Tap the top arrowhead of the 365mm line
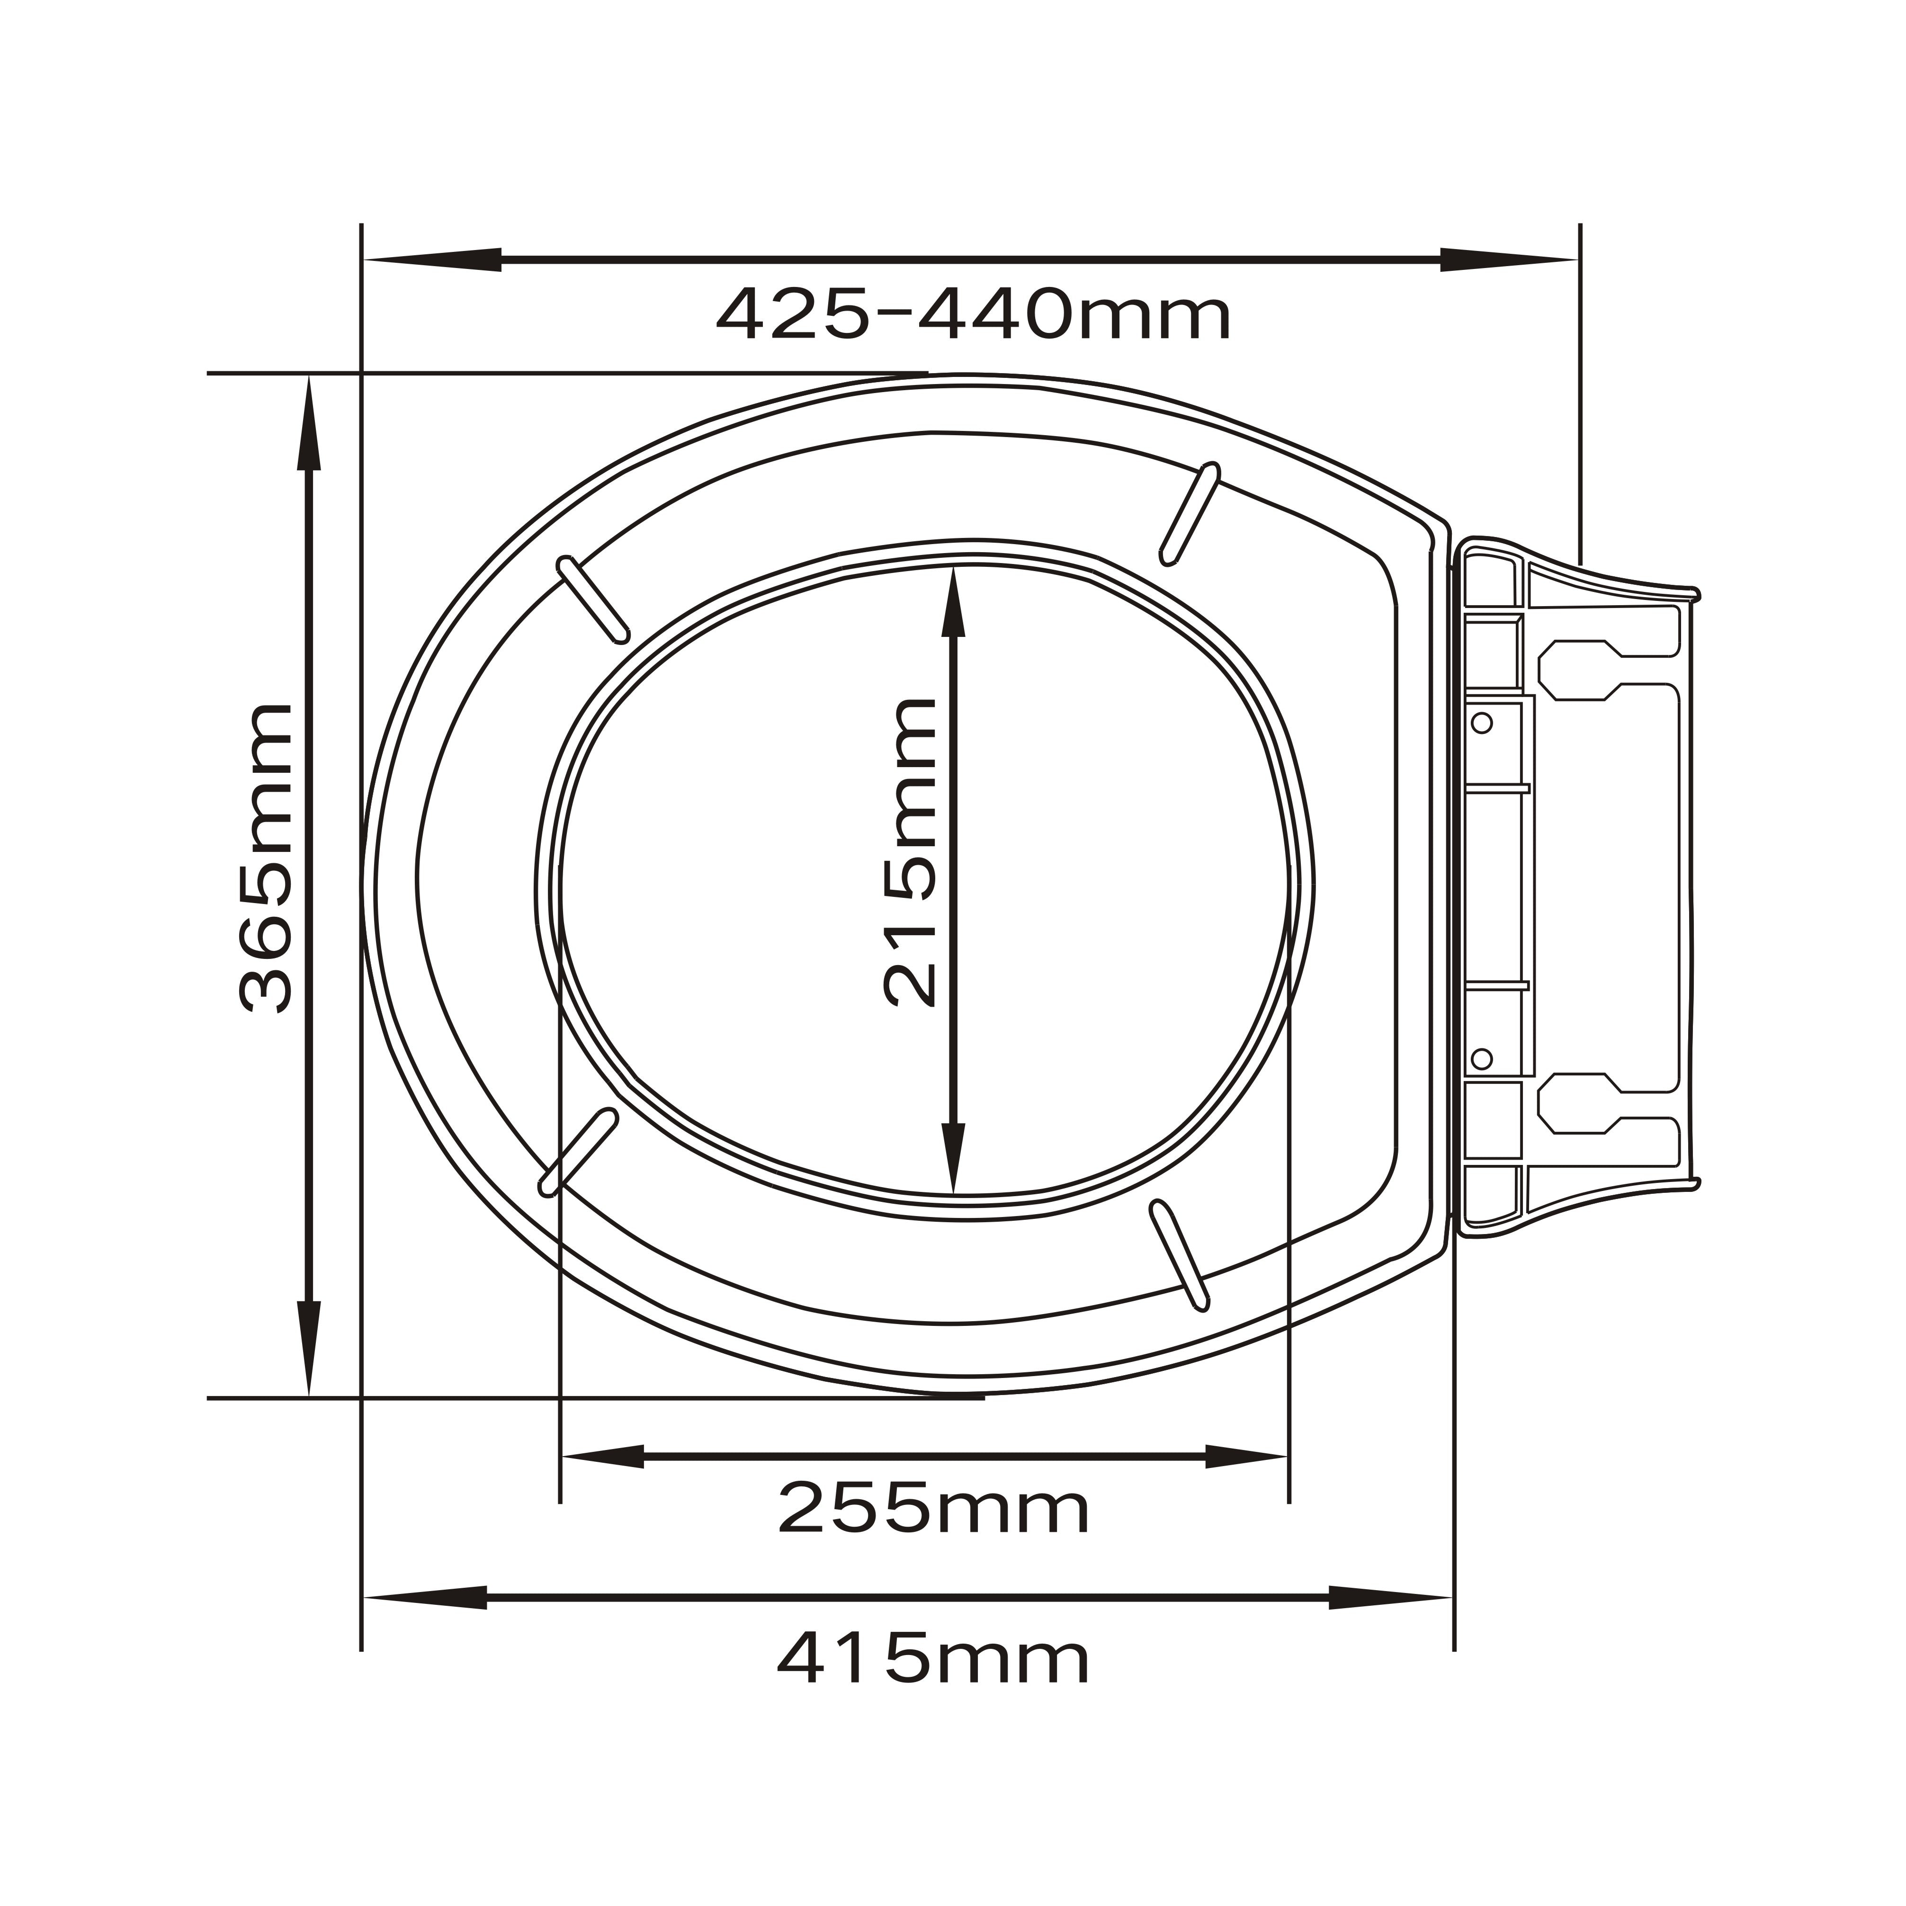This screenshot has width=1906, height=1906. coord(310,424)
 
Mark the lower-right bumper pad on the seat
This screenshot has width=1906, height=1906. coord(1180,1255)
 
